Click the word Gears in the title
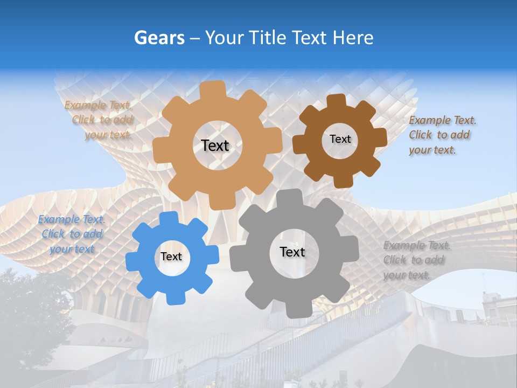point(159,38)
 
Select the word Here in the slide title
point(353,38)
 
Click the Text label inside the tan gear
point(215,145)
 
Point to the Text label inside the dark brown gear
point(340,139)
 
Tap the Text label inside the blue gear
point(171,257)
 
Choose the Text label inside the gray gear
point(292,252)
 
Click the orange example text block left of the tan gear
point(99,120)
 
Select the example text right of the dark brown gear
point(442,135)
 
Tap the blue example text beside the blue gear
point(71,234)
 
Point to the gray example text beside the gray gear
point(416,260)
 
